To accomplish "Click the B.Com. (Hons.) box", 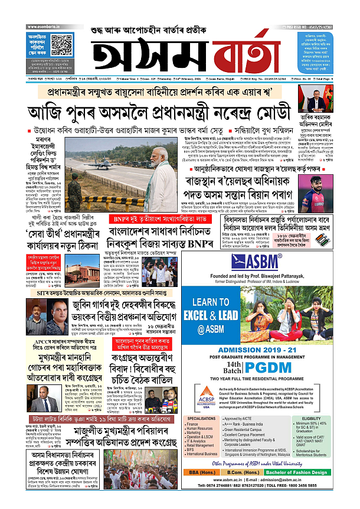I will pyautogui.click(x=254, y=489).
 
